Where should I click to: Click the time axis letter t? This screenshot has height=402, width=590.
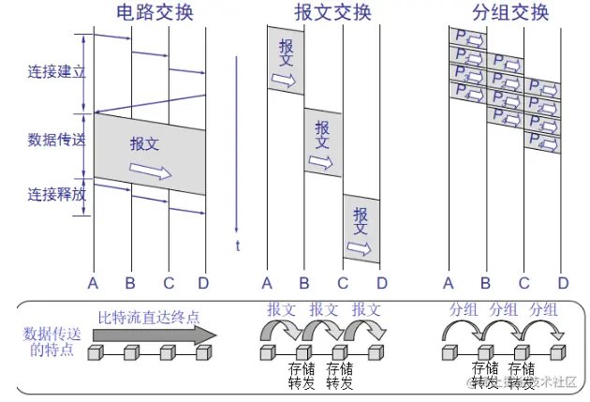(x=238, y=246)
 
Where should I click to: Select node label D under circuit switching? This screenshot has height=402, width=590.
(x=205, y=283)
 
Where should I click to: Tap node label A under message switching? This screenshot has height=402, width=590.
(x=267, y=283)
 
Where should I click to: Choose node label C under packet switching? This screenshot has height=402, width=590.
(x=524, y=283)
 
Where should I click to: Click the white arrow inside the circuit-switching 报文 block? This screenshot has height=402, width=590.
(x=151, y=171)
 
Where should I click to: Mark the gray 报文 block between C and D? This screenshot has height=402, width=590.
(x=361, y=230)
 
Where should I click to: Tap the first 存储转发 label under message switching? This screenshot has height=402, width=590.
(x=301, y=374)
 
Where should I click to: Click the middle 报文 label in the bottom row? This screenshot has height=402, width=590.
(x=325, y=308)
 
